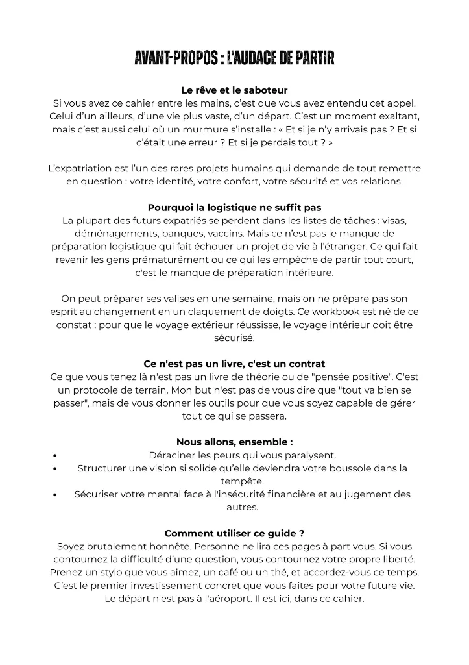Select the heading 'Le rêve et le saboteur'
tap(234, 90)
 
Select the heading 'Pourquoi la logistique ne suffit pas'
tap(234, 208)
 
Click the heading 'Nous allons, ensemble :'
tap(234, 442)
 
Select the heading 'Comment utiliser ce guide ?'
tap(234, 533)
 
